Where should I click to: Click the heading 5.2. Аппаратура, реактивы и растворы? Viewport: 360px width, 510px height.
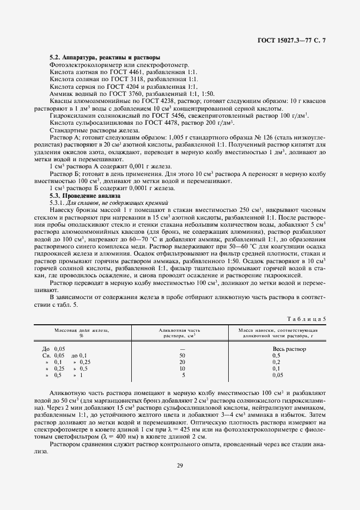[x=104, y=57]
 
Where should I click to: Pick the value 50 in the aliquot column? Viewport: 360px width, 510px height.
[x=182, y=355]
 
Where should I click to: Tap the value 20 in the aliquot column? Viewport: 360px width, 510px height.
[x=182, y=362]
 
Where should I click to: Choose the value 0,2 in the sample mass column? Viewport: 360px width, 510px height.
[x=276, y=362]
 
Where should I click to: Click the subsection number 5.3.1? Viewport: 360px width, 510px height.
[x=59, y=202]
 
